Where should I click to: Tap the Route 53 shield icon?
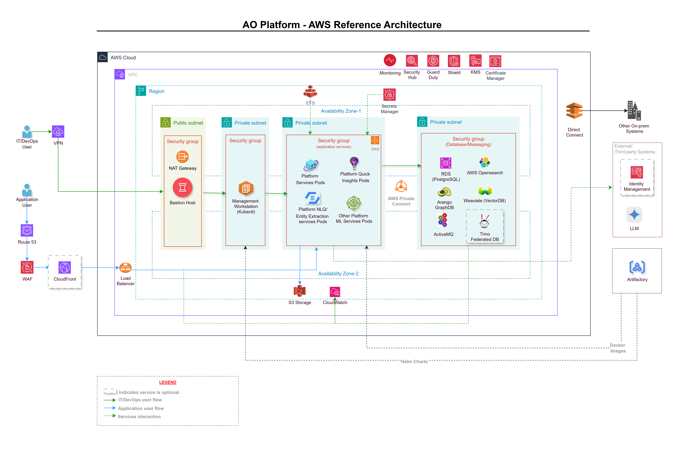pos(27,230)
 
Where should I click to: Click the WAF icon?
pos(27,267)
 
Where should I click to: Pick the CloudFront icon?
pos(65,267)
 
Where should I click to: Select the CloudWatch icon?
pos(335,292)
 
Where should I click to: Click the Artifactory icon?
pos(637,267)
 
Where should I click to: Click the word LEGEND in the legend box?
pos(168,382)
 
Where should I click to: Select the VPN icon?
pos(58,132)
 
